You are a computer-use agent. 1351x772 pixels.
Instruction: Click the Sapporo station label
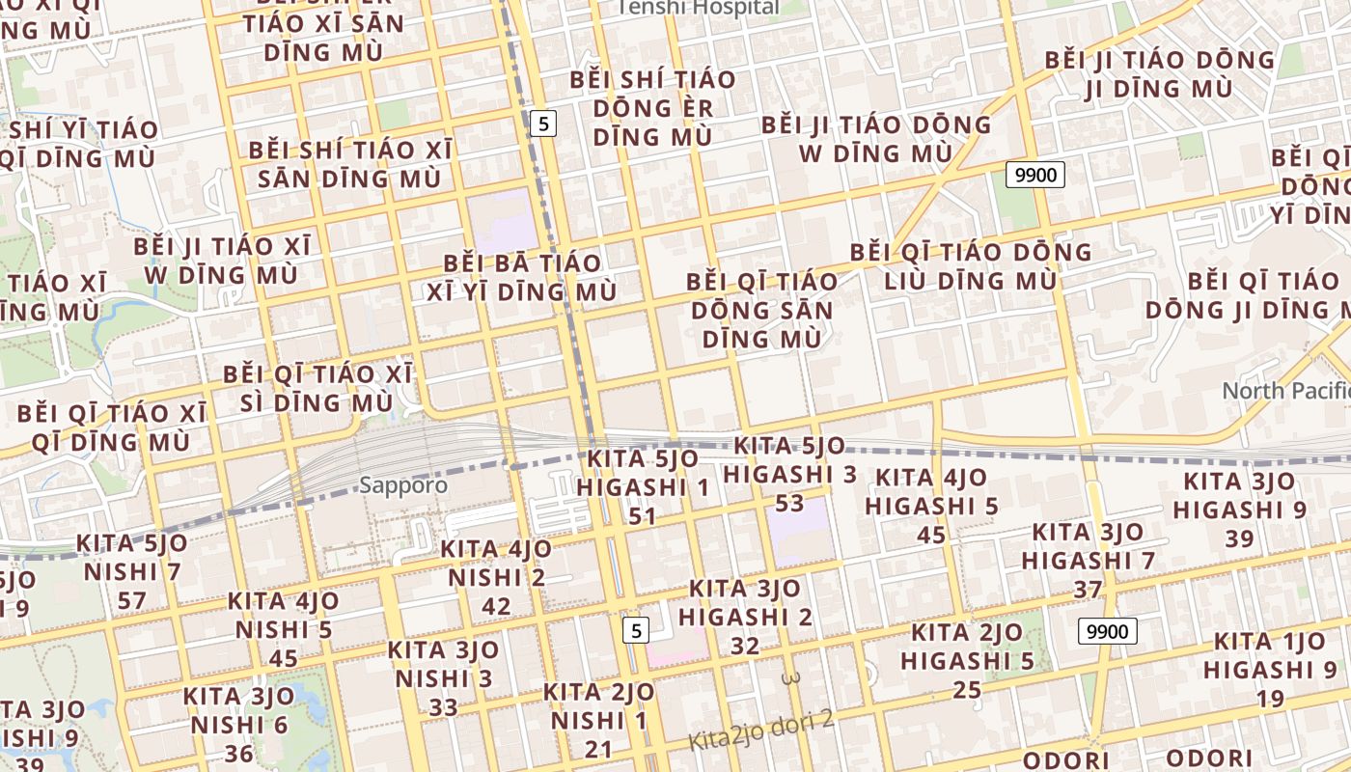403,485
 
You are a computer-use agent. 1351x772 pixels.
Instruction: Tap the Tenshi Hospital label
698,8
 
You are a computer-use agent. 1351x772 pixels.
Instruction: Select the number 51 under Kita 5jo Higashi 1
643,516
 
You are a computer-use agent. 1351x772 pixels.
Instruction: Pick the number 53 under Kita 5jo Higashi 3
789,503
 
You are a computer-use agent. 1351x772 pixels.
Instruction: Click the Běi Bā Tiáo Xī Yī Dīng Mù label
521,277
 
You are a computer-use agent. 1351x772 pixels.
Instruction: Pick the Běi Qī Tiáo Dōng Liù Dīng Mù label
970,267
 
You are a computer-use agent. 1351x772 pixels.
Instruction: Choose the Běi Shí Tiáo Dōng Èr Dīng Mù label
653,108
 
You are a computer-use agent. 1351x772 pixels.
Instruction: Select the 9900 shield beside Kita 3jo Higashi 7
1107,632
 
